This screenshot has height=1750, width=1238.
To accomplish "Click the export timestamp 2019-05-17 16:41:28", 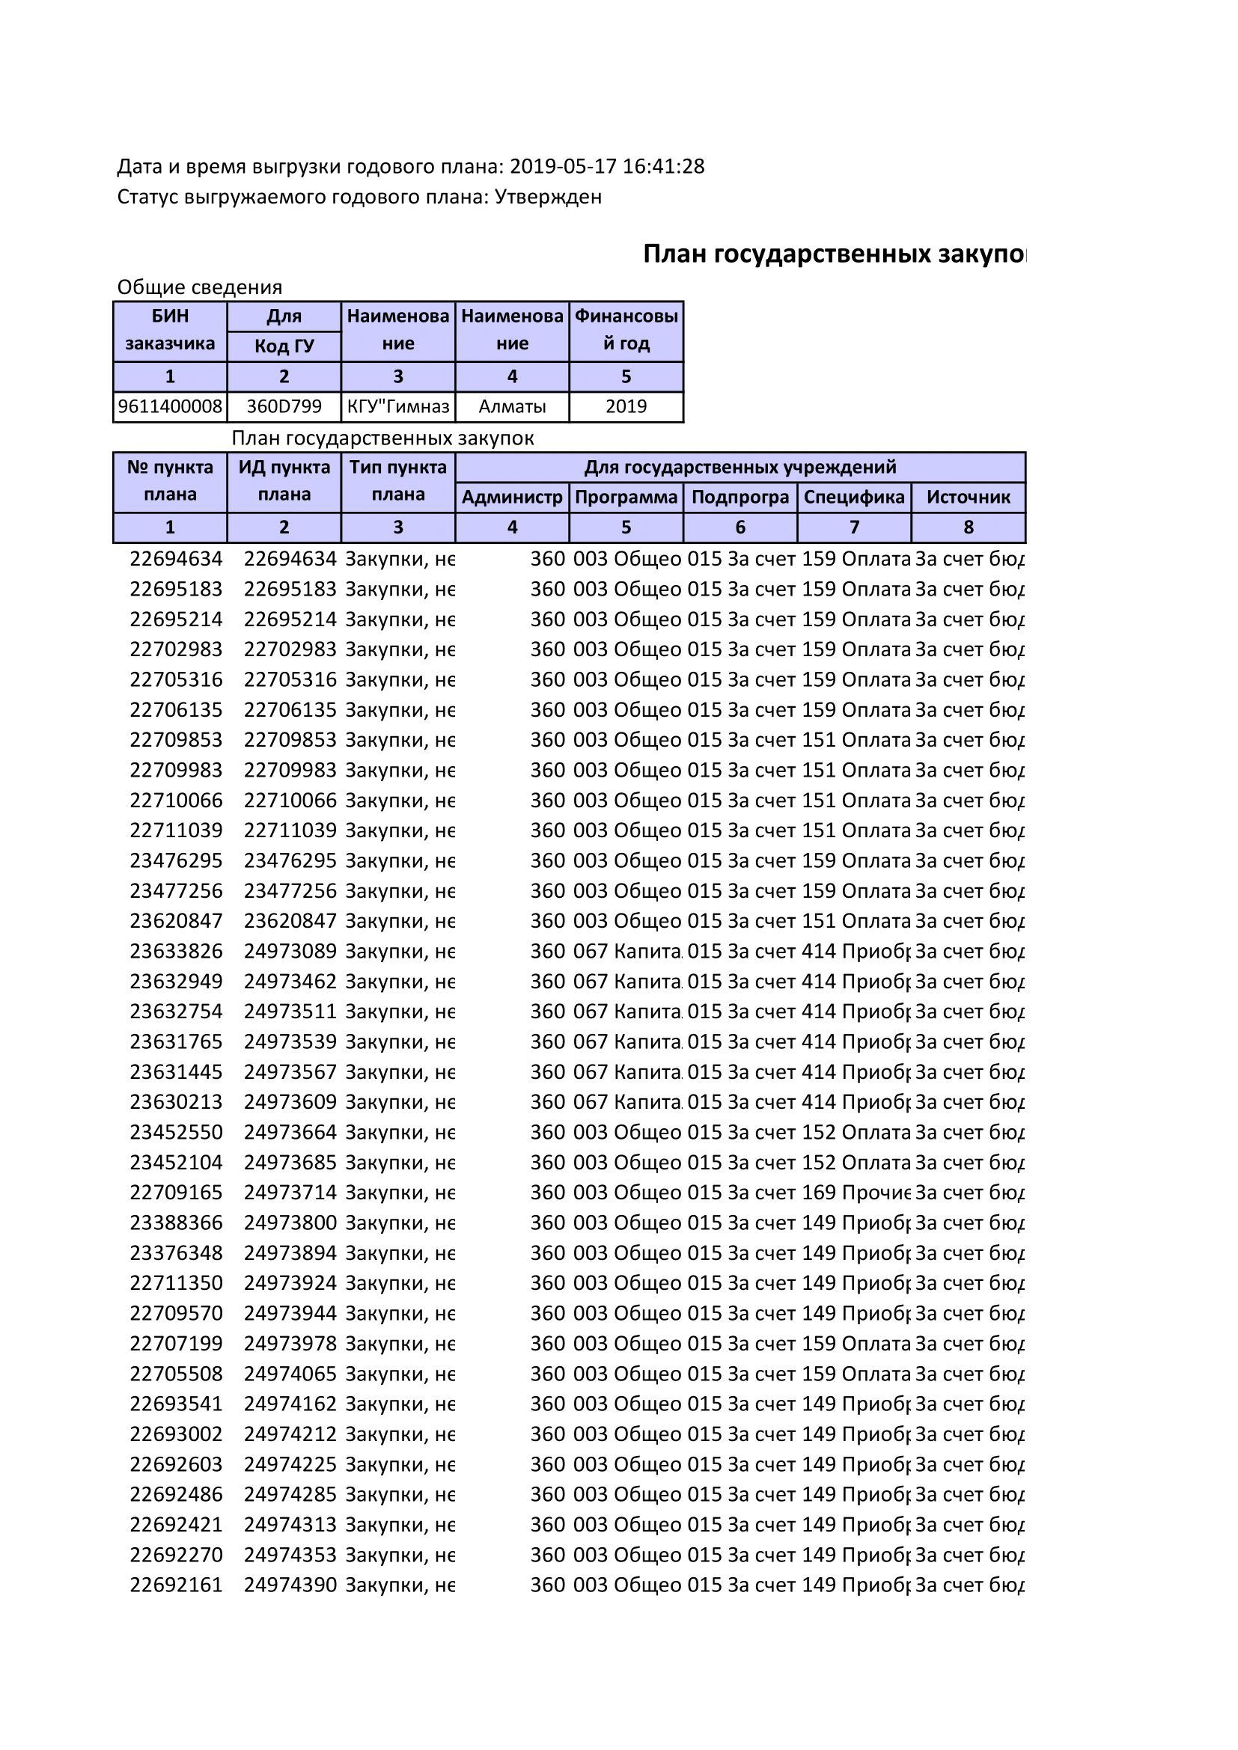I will click(x=607, y=166).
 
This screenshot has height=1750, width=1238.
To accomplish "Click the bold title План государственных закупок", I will click(x=834, y=254).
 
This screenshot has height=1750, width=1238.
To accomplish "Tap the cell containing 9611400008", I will click(x=170, y=406).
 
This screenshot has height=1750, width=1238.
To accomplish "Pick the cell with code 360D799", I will click(x=284, y=406).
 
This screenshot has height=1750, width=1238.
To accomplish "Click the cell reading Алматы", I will click(x=512, y=406).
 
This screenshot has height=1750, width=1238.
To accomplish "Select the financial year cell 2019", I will click(x=626, y=406).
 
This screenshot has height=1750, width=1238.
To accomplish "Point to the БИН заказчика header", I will click(x=170, y=330).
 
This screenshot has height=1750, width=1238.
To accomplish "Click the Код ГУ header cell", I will click(x=284, y=346).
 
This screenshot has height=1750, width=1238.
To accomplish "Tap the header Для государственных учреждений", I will click(x=740, y=467).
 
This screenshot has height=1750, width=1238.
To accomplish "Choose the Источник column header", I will click(x=968, y=498).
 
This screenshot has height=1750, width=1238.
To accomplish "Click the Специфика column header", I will click(x=854, y=498).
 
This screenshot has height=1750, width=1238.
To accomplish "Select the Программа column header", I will click(x=626, y=498).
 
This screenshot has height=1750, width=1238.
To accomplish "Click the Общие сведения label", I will click(x=200, y=287).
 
